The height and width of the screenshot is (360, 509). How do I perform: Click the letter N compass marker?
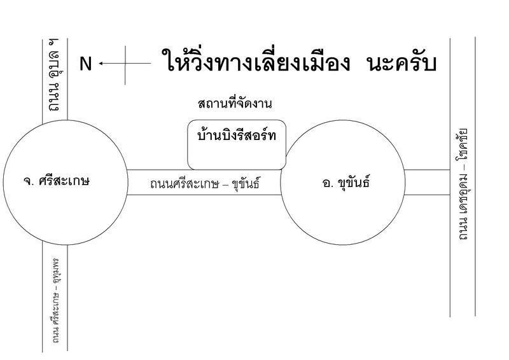point(86,64)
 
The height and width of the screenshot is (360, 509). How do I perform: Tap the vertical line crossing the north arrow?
point(125,64)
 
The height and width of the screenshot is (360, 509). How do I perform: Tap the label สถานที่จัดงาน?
point(239,104)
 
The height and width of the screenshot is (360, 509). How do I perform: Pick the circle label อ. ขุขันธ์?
point(346,183)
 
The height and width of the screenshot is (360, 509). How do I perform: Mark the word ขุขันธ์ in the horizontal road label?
point(244,184)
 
